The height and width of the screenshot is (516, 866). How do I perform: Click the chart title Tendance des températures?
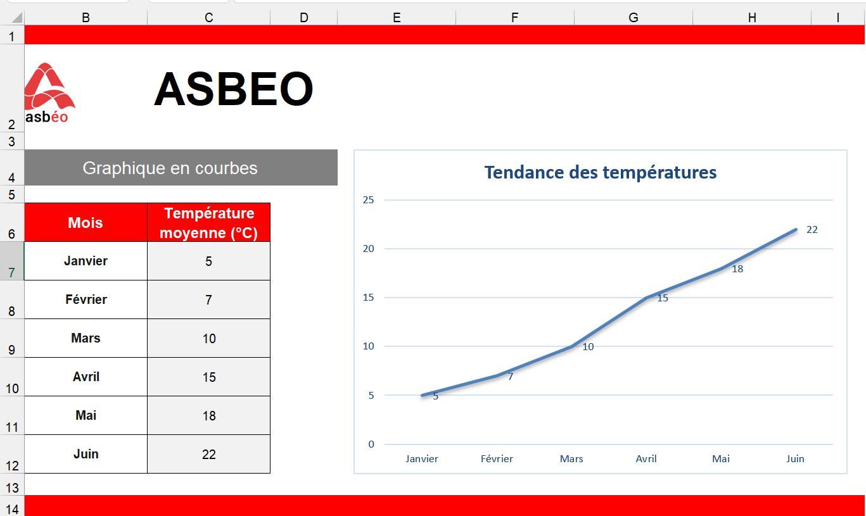pyautogui.click(x=601, y=172)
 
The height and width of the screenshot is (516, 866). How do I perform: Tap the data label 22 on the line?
pyautogui.click(x=812, y=230)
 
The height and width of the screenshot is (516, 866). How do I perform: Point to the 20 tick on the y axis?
pyautogui.click(x=369, y=249)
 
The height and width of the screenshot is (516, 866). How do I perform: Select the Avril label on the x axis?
pyautogui.click(x=646, y=459)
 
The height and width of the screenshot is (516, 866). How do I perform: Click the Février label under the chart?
pyautogui.click(x=497, y=459)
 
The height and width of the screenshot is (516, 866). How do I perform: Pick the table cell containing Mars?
pyautogui.click(x=86, y=338)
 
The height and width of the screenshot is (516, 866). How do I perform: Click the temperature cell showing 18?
pyautogui.click(x=209, y=415)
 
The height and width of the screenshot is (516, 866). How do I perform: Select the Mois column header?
pyautogui.click(x=86, y=223)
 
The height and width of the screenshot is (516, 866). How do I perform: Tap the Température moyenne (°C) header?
pyautogui.click(x=209, y=223)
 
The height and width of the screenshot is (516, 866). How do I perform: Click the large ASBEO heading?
pyautogui.click(x=234, y=89)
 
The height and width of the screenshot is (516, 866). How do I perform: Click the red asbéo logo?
pyautogui.click(x=49, y=93)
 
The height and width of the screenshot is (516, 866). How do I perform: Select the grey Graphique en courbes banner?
pyautogui.click(x=181, y=168)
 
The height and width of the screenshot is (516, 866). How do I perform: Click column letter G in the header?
pyautogui.click(x=634, y=17)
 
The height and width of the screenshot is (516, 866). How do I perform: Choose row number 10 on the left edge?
pyautogui.click(x=12, y=388)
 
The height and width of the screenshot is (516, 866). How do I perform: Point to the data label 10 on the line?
pyautogui.click(x=588, y=347)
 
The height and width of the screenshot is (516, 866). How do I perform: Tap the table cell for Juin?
pyautogui.click(x=86, y=454)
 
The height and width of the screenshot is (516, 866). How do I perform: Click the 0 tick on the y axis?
pyautogui.click(x=371, y=444)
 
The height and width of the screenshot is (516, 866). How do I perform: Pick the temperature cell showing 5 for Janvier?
pyautogui.click(x=209, y=261)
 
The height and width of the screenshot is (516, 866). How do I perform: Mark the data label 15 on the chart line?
pyautogui.click(x=663, y=298)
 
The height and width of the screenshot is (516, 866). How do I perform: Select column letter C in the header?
pyautogui.click(x=209, y=17)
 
